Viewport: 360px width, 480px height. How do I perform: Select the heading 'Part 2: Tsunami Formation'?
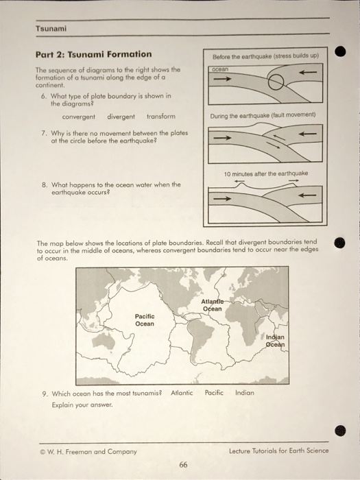pos(94,54)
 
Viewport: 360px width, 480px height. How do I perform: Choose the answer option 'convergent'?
pos(78,116)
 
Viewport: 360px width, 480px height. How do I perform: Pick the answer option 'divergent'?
pos(121,116)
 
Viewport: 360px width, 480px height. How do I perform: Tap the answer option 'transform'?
pos(161,116)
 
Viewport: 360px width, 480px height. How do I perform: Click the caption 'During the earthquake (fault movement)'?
pos(263,115)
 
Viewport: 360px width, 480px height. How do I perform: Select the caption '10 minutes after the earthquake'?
pos(266,174)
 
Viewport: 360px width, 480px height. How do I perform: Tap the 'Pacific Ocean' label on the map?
pos(145,320)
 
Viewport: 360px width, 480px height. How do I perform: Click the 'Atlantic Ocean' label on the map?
pos(213,305)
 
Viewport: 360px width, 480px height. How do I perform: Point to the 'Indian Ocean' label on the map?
pos(276,341)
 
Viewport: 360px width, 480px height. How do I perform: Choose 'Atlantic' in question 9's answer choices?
pos(182,393)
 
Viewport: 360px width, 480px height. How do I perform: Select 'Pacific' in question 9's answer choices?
pos(214,393)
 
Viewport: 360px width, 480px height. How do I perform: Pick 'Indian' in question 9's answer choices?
pos(245,393)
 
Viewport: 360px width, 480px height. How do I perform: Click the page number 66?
pos(183,465)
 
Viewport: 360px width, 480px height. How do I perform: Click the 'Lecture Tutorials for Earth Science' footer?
pos(279,451)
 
